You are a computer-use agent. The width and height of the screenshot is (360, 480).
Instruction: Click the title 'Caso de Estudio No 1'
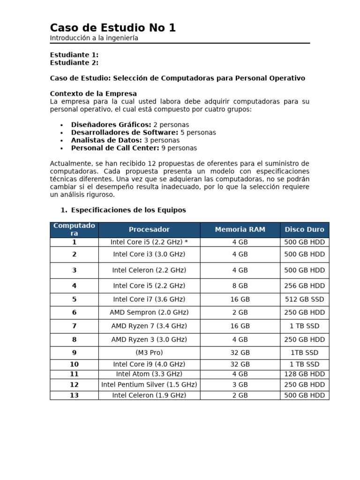(x=112, y=28)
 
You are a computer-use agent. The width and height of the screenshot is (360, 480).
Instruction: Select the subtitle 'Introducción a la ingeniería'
(x=94, y=38)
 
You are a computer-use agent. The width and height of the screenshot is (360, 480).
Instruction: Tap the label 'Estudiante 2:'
(x=74, y=63)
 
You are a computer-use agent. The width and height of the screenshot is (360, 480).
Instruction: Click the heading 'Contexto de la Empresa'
(x=93, y=94)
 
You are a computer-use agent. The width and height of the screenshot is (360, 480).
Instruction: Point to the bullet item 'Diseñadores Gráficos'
(x=111, y=125)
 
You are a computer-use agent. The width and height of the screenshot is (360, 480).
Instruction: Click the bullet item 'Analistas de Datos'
(x=106, y=140)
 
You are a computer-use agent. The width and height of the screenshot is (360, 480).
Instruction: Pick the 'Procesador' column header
(x=149, y=230)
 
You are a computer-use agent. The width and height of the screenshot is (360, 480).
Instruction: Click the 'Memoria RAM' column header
(x=240, y=230)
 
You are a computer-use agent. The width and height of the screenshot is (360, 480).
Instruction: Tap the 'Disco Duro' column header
(x=304, y=230)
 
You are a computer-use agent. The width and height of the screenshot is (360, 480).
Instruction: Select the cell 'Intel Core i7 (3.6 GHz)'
(x=149, y=300)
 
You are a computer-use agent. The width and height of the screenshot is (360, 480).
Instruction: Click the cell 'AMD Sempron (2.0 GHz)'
(x=149, y=313)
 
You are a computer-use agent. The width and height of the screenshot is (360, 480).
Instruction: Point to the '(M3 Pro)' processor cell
(x=149, y=353)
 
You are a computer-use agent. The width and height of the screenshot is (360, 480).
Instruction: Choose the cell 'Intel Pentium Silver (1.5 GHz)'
(x=149, y=385)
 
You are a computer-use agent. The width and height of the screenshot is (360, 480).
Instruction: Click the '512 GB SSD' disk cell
(x=304, y=300)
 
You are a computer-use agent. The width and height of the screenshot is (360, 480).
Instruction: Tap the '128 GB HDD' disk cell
(x=304, y=374)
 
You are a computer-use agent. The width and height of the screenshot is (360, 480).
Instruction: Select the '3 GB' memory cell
(x=240, y=385)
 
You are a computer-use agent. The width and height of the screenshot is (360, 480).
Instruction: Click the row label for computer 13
(x=74, y=396)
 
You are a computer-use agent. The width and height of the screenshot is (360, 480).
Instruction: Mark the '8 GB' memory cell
(x=240, y=286)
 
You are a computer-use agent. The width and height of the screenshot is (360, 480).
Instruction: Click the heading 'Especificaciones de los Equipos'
(x=128, y=210)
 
